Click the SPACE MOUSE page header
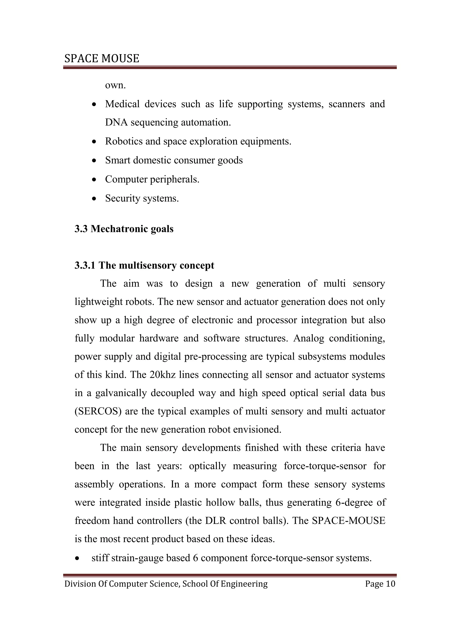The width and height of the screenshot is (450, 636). [102, 58]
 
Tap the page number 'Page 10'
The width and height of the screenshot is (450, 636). [380, 584]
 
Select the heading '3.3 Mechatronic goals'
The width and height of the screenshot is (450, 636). [124, 229]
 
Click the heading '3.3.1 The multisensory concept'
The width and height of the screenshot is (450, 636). [144, 265]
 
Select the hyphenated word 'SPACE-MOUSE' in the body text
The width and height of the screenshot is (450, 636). [348, 520]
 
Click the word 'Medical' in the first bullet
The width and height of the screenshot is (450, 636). [122, 104]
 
